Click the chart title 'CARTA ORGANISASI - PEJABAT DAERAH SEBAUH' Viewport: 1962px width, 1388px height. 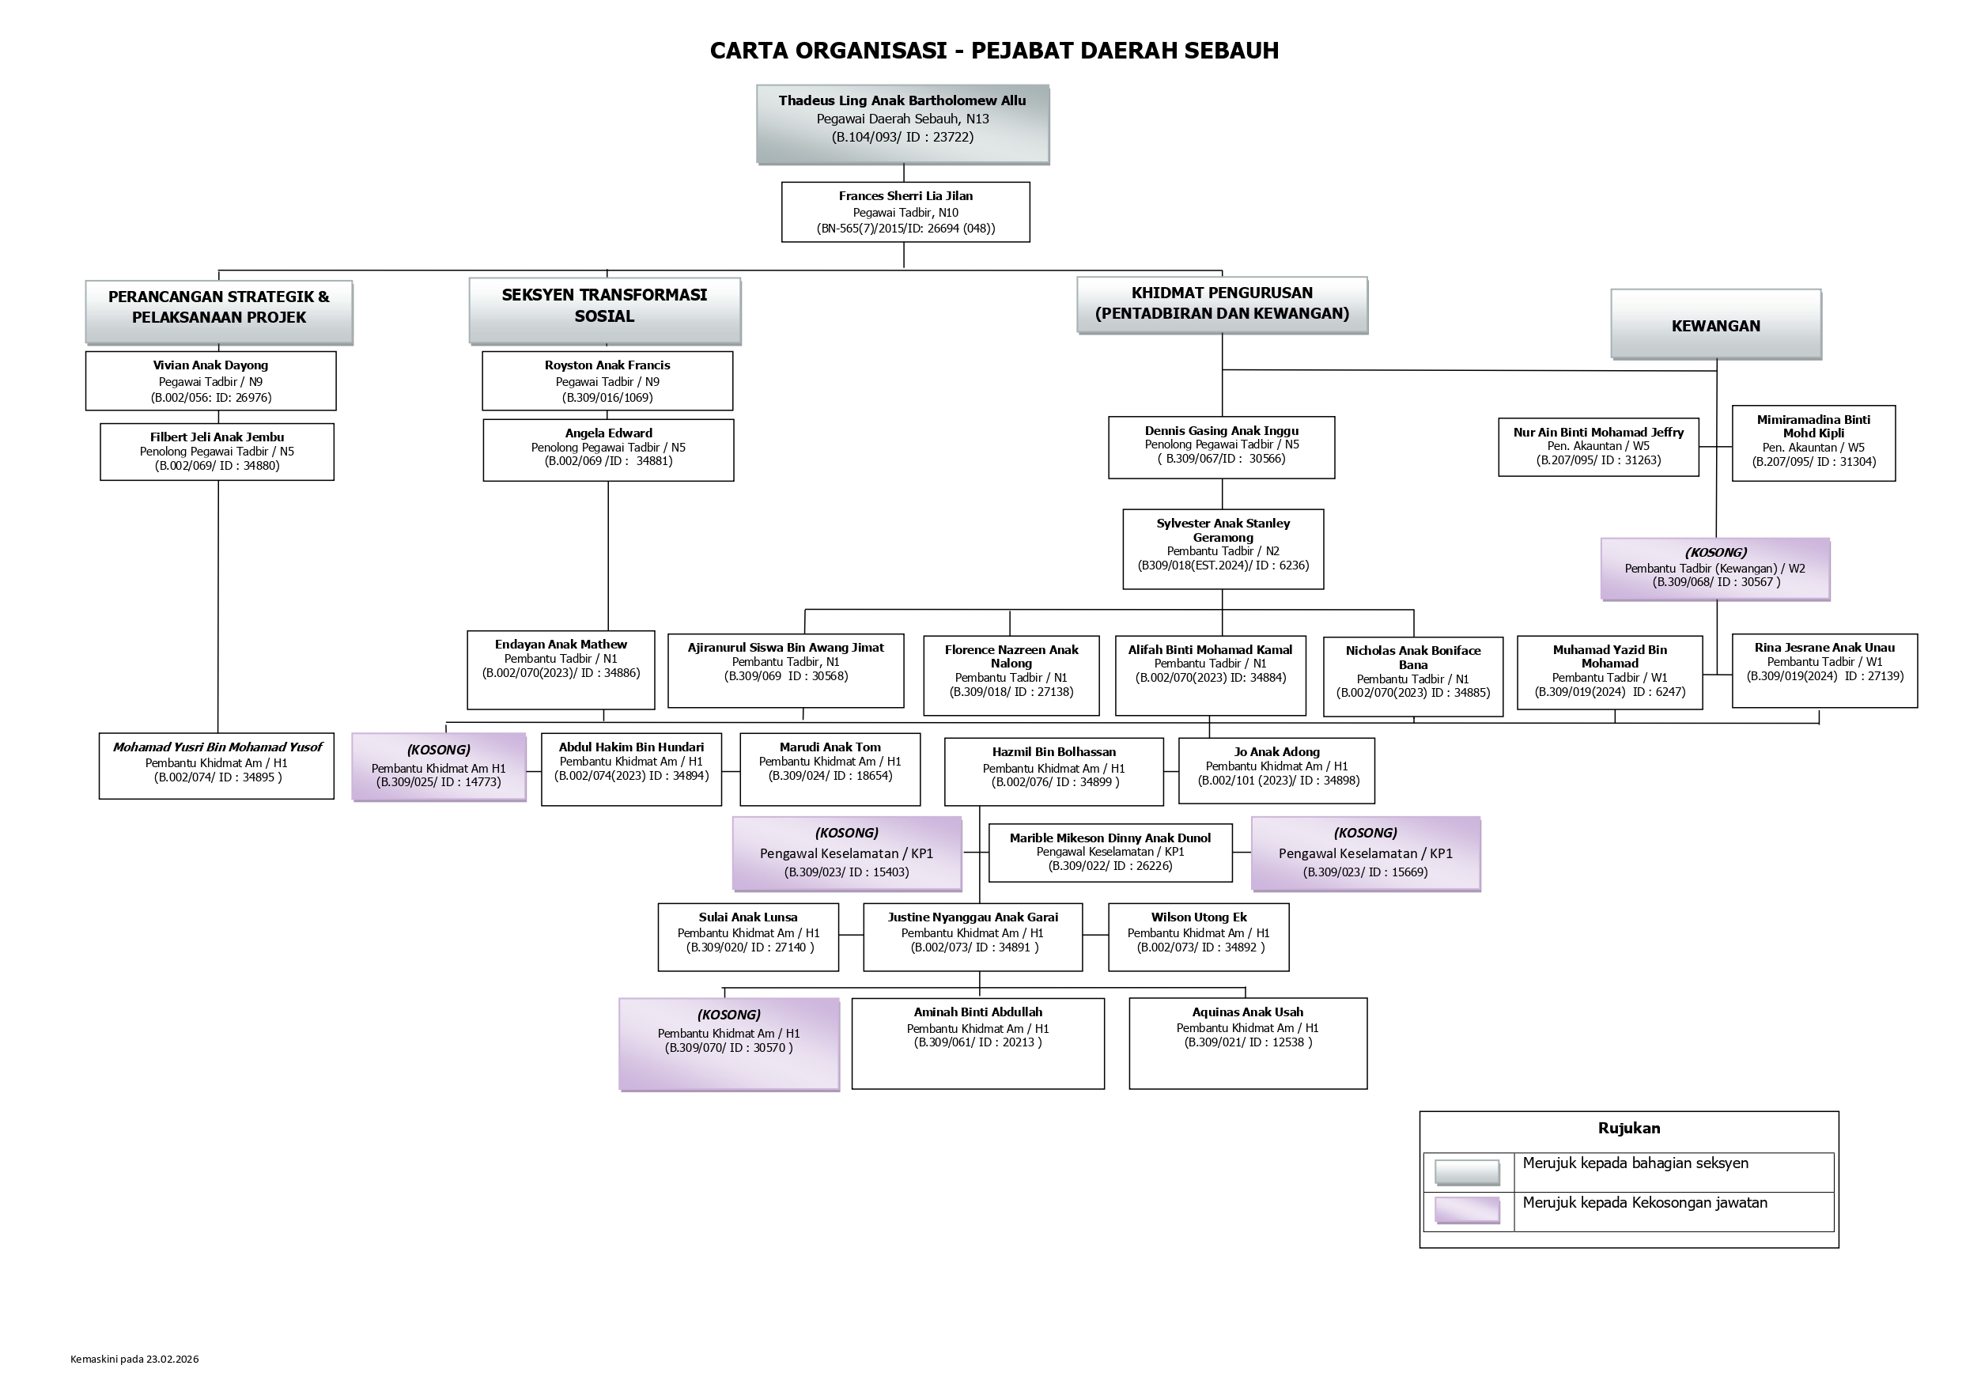(994, 51)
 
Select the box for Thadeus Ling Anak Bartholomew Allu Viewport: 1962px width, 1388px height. (902, 123)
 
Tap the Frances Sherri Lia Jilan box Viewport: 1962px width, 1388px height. (905, 212)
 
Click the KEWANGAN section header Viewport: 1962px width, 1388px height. (1715, 325)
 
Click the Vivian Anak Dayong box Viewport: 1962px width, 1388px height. (210, 381)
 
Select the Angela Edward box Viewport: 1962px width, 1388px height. (607, 449)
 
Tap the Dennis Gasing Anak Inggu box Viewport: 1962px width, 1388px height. (1221, 447)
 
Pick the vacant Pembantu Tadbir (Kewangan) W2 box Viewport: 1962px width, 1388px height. (1715, 569)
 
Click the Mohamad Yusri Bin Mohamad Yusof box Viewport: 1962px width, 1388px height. (216, 765)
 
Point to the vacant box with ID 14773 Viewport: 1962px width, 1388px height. (438, 766)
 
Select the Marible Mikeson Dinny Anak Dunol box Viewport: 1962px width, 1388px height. (1110, 852)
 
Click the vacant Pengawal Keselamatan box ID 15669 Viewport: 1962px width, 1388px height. (1365, 853)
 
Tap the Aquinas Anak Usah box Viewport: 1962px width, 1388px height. (1248, 1042)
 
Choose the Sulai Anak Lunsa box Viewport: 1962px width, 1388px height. (748, 936)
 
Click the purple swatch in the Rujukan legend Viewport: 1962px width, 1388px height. (1466, 1210)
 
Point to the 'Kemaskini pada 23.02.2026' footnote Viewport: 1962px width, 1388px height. (134, 1359)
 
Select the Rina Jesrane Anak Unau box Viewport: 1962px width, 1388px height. (1824, 670)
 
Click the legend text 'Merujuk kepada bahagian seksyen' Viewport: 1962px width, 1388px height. (1635, 1163)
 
